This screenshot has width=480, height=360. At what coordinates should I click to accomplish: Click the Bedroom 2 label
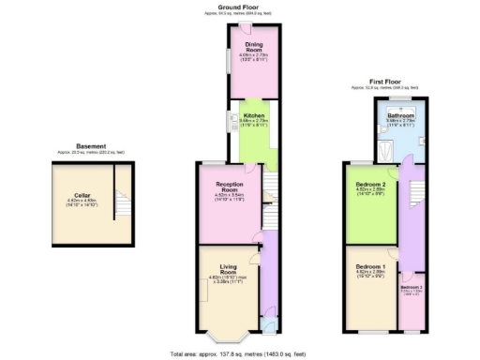click(x=368, y=186)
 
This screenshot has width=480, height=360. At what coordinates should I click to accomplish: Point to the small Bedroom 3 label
click(x=412, y=287)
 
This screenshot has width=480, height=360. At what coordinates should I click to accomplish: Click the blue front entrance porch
click(x=271, y=325)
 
